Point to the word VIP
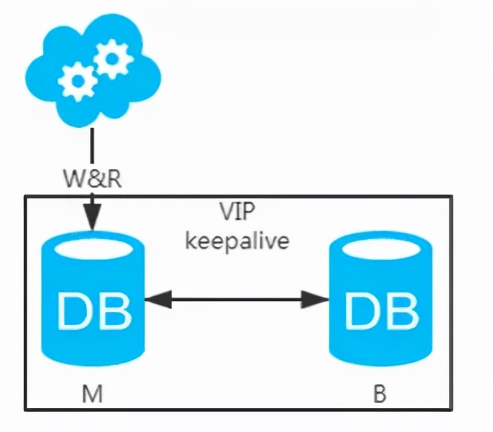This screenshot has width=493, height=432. point(238,213)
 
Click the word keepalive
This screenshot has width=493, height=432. point(237,240)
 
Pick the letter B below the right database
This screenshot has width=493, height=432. point(380,394)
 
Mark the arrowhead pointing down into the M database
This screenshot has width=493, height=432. point(92,216)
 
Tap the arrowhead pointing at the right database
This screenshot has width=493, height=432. point(320,297)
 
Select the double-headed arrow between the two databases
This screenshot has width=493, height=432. point(236,297)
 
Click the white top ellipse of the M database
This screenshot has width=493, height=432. point(93,248)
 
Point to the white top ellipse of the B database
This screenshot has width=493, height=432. point(380,248)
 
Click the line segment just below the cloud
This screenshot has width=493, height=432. point(92,144)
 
